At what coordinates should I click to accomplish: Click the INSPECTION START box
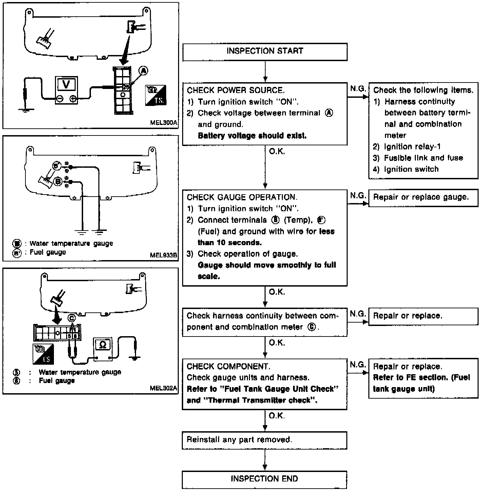[265, 52]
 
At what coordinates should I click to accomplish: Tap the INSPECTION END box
[264, 479]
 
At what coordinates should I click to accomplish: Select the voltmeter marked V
[66, 85]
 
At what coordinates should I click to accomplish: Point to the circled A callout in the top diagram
[144, 71]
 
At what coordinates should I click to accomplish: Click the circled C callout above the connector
[71, 318]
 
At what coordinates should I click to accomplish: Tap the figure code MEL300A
[163, 123]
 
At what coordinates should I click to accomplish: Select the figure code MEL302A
[163, 388]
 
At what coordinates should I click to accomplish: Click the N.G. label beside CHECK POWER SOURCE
[358, 89]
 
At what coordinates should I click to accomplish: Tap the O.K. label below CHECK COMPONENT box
[277, 416]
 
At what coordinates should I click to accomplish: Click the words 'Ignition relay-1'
[412, 147]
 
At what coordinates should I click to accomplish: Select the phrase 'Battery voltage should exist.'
[252, 136]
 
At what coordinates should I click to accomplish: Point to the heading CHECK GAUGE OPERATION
[242, 197]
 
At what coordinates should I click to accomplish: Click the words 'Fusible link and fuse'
[423, 158]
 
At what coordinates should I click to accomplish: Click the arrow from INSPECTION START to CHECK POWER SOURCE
[265, 72]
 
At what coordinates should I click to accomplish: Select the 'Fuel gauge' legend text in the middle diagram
[48, 252]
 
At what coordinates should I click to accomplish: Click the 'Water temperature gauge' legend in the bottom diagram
[80, 372]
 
